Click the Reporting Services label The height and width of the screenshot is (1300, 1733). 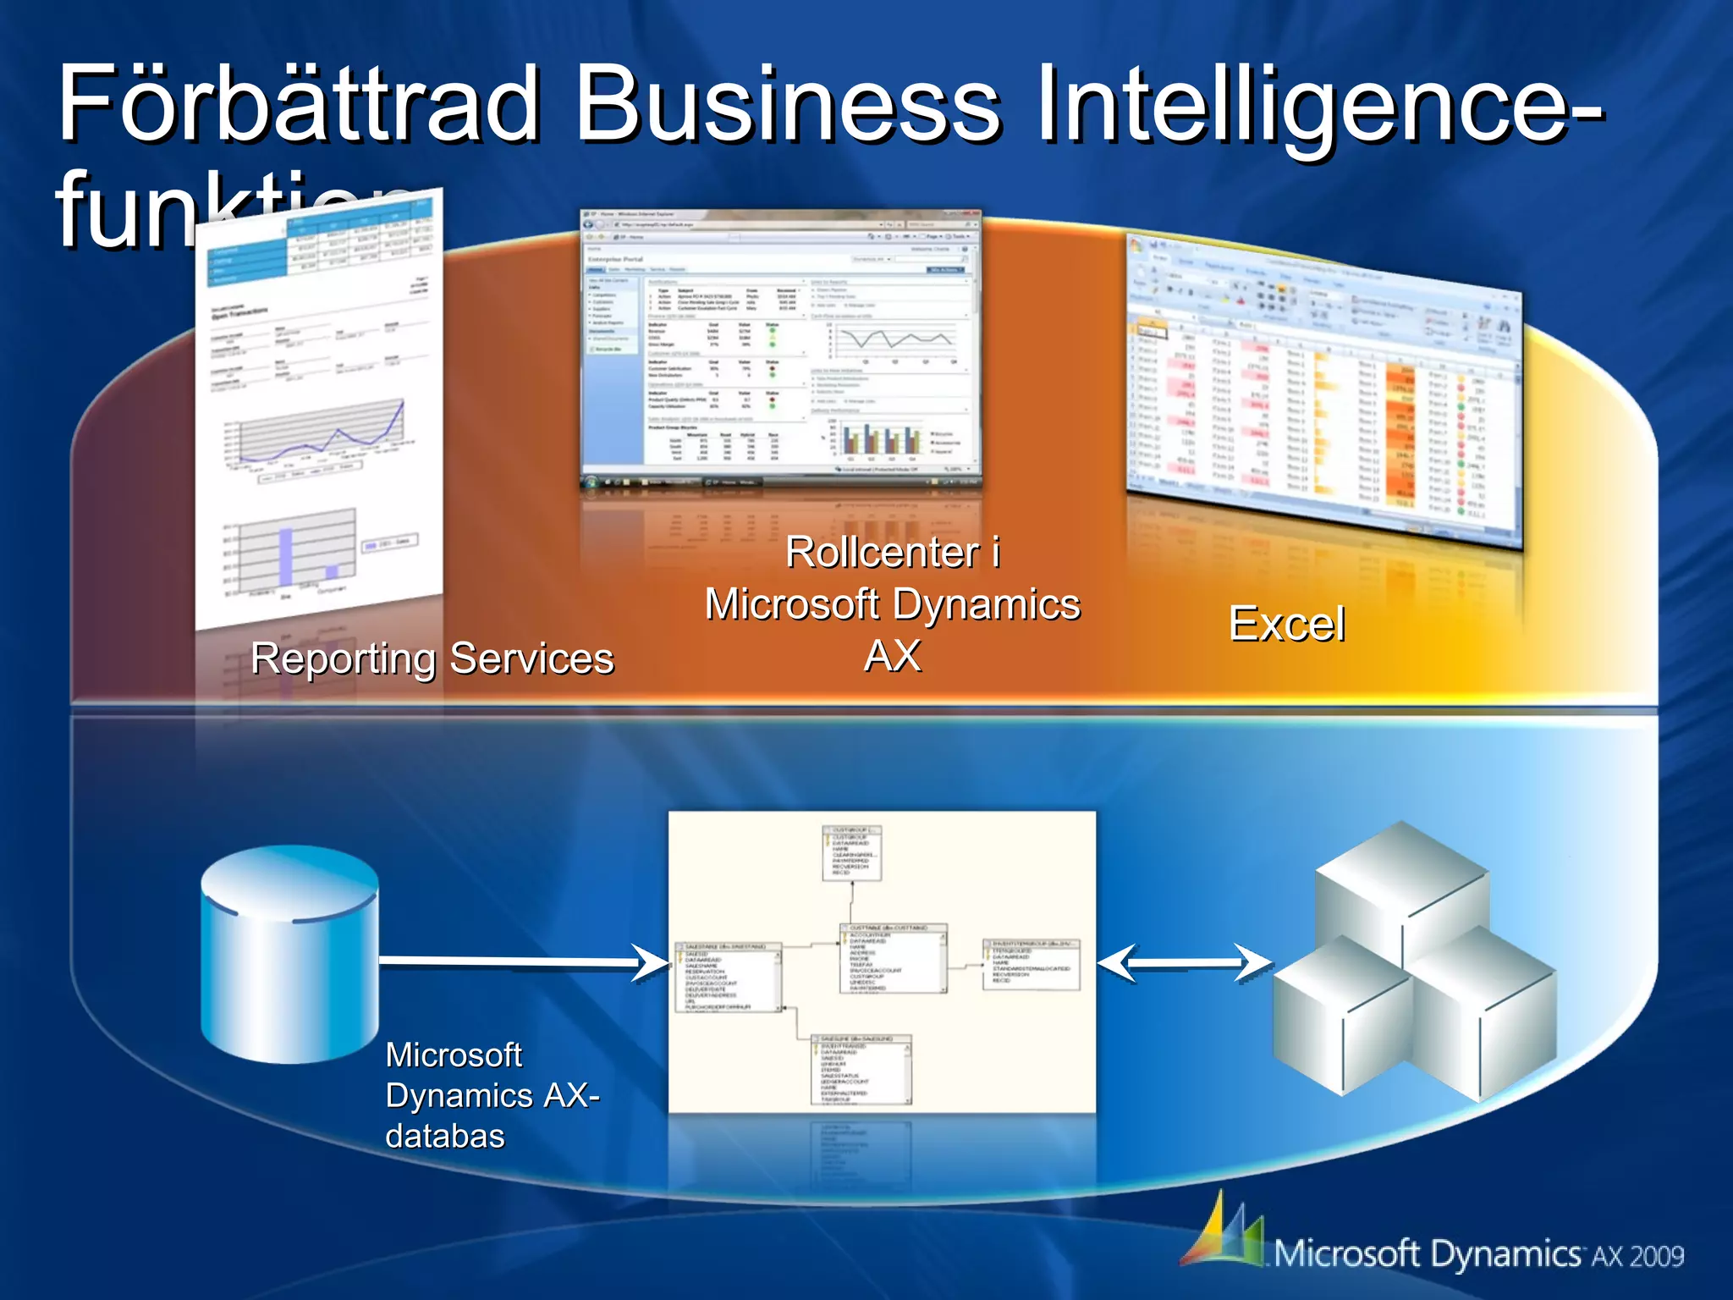point(432,658)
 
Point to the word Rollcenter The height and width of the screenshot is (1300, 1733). point(882,553)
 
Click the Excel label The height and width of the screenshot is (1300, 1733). point(1286,625)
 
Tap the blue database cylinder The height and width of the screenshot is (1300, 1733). point(289,956)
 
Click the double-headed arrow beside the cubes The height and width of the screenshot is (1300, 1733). point(1185,962)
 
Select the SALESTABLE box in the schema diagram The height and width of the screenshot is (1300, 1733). point(728,978)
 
